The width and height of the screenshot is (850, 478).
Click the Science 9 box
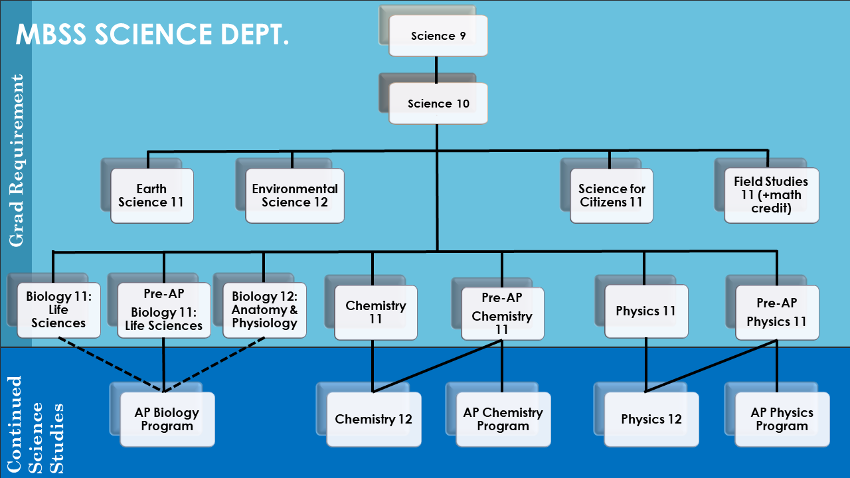click(x=438, y=36)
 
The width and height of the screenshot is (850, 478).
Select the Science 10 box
click(x=438, y=104)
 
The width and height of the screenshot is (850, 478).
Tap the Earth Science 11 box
click(x=151, y=196)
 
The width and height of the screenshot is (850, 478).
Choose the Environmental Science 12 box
click(x=295, y=196)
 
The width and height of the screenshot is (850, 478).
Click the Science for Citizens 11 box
click(x=612, y=196)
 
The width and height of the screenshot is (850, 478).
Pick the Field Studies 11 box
click(x=771, y=195)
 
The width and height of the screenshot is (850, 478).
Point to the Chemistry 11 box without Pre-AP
click(x=376, y=313)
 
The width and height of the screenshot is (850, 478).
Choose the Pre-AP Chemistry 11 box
click(x=502, y=313)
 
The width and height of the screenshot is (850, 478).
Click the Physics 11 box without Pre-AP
click(x=646, y=311)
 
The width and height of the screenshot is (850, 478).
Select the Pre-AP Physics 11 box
click(x=777, y=313)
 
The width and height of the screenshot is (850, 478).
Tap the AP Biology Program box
click(x=167, y=419)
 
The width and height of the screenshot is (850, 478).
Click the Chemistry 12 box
click(x=374, y=419)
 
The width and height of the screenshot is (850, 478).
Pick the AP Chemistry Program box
click(x=503, y=419)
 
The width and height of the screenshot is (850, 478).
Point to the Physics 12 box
click(x=651, y=419)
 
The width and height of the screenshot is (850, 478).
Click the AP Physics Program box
click(x=782, y=419)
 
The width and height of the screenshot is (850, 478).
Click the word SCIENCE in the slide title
click(x=153, y=35)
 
